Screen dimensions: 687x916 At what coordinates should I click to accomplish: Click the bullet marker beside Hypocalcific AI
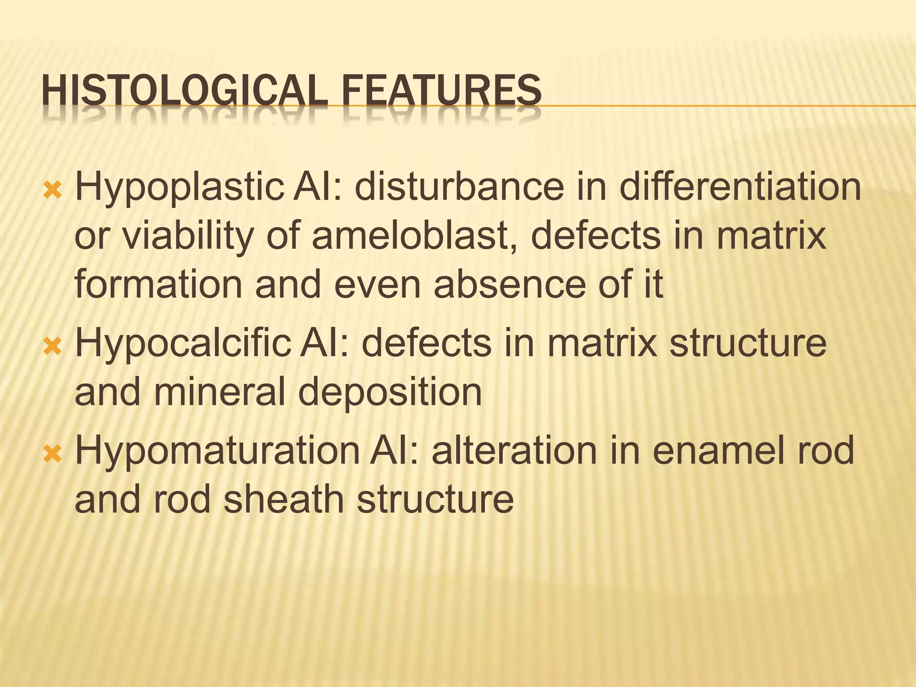52,346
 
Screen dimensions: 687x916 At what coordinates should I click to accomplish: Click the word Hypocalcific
183,344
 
